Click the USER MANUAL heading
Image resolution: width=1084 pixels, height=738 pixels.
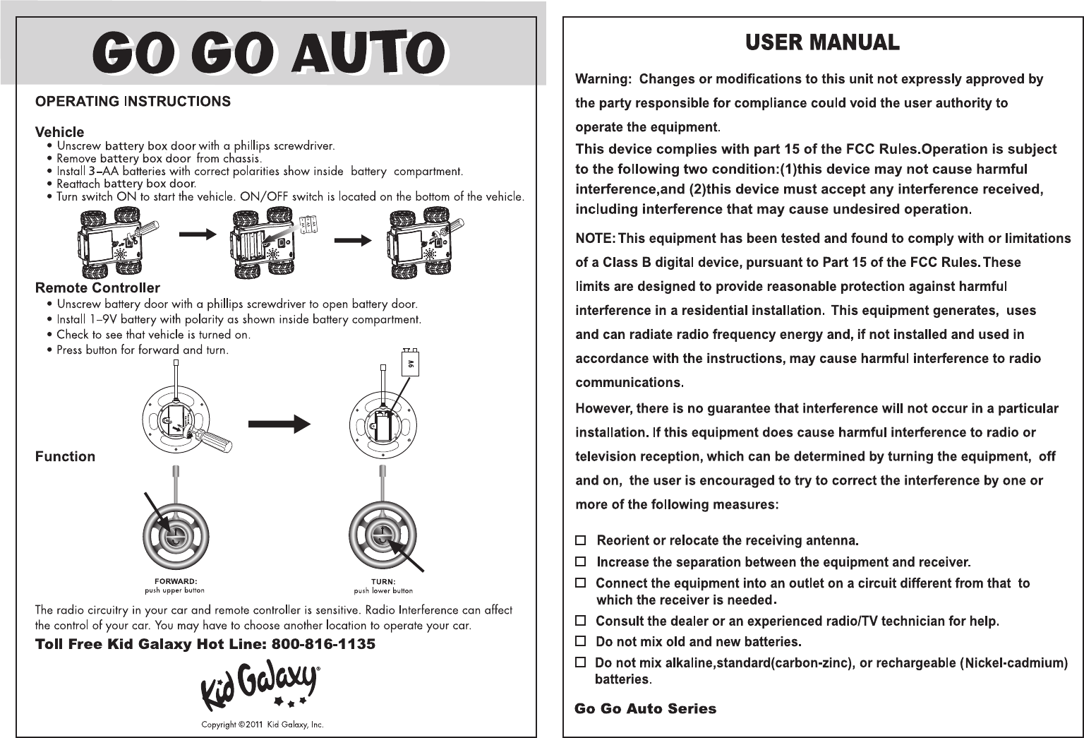coord(822,43)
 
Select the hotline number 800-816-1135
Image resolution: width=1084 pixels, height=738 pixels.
coord(323,644)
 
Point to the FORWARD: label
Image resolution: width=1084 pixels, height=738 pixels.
coord(175,582)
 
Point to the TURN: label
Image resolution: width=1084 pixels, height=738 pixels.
coord(383,582)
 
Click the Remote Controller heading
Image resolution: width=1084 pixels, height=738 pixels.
coord(97,288)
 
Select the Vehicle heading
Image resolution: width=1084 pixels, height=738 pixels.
coord(59,132)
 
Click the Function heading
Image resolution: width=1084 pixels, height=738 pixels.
coord(65,457)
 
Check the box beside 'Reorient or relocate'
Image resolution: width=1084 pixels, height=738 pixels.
coord(580,540)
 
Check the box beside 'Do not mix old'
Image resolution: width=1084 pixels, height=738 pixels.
coord(580,641)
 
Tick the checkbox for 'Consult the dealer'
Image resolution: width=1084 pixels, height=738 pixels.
coord(580,621)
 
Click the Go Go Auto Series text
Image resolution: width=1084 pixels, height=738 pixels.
coord(645,709)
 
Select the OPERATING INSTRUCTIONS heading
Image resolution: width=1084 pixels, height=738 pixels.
coord(133,102)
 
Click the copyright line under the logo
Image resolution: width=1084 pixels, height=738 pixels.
coord(262,725)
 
